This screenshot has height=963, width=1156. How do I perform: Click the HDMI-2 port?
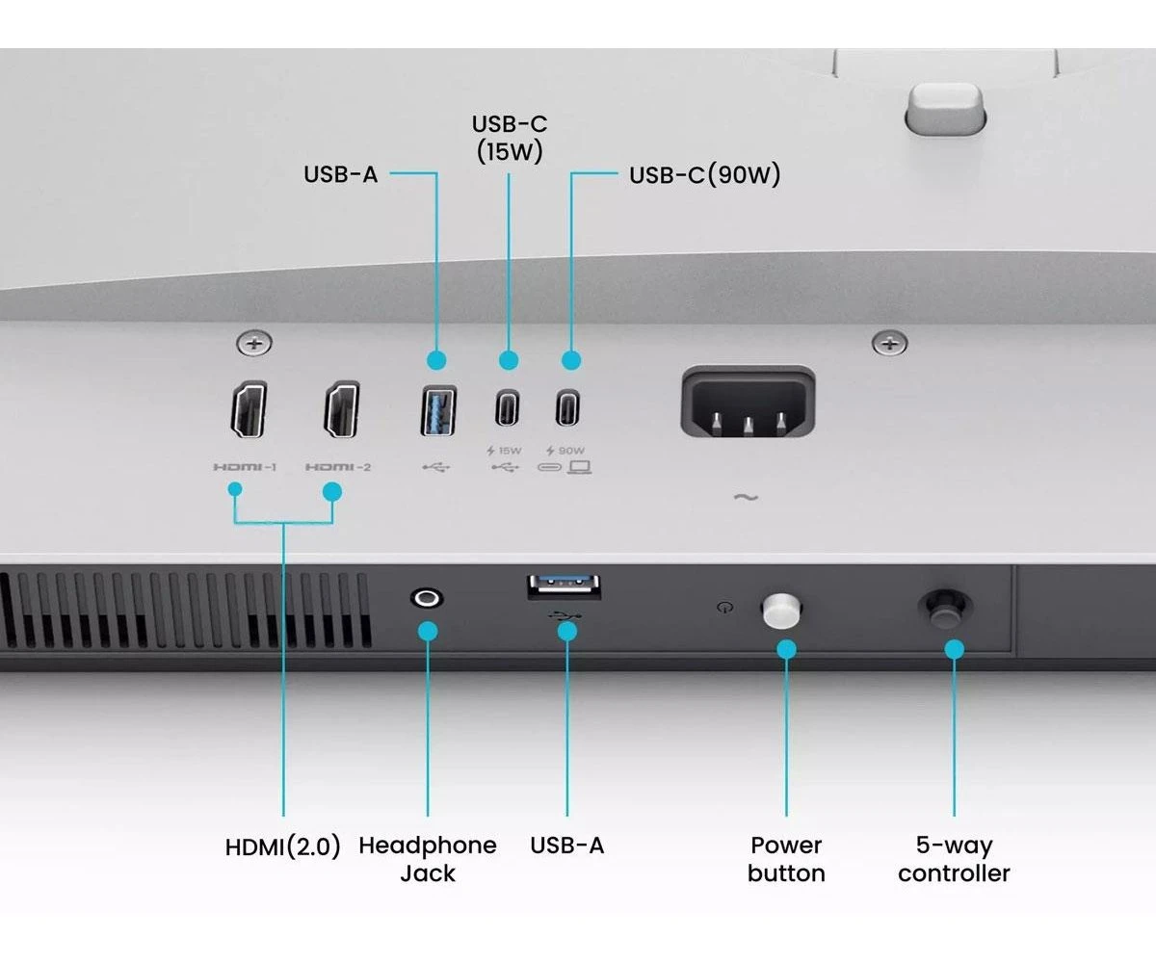coord(342,409)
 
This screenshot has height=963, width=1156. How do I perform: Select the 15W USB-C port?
coord(508,407)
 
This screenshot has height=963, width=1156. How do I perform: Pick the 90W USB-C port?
coord(568,407)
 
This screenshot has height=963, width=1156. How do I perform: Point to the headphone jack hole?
coord(427,598)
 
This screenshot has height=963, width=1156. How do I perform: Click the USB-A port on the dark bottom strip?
coord(565,586)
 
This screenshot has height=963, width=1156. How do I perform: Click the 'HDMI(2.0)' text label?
coord(283,847)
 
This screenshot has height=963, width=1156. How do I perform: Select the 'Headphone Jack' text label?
coord(428,859)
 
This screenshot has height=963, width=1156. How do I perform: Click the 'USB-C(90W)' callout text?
coord(704,175)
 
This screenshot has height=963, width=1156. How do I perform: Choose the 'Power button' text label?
coord(786,859)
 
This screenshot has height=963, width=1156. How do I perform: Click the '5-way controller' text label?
coord(954,859)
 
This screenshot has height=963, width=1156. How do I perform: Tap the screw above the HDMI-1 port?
coord(254,342)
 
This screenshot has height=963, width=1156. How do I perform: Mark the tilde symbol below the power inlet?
coord(746,498)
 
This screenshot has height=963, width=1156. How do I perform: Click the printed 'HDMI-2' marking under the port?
coord(338,467)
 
